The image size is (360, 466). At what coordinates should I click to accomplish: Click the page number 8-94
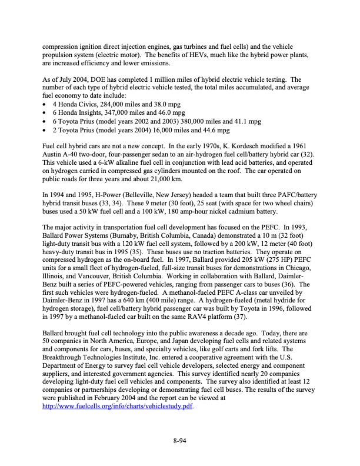click(x=180, y=438)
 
